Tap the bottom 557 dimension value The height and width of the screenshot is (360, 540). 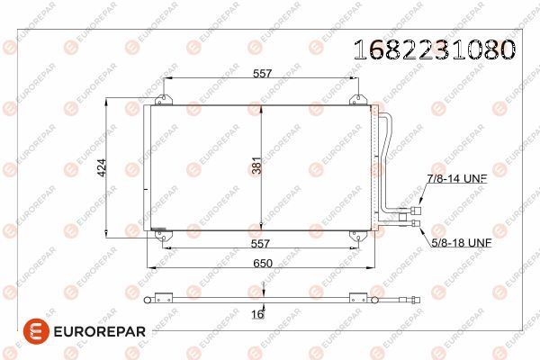(x=260, y=242)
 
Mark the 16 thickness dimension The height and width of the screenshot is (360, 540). (x=258, y=313)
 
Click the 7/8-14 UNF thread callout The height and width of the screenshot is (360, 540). (x=456, y=179)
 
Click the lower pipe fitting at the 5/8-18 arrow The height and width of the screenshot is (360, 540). (x=415, y=222)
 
